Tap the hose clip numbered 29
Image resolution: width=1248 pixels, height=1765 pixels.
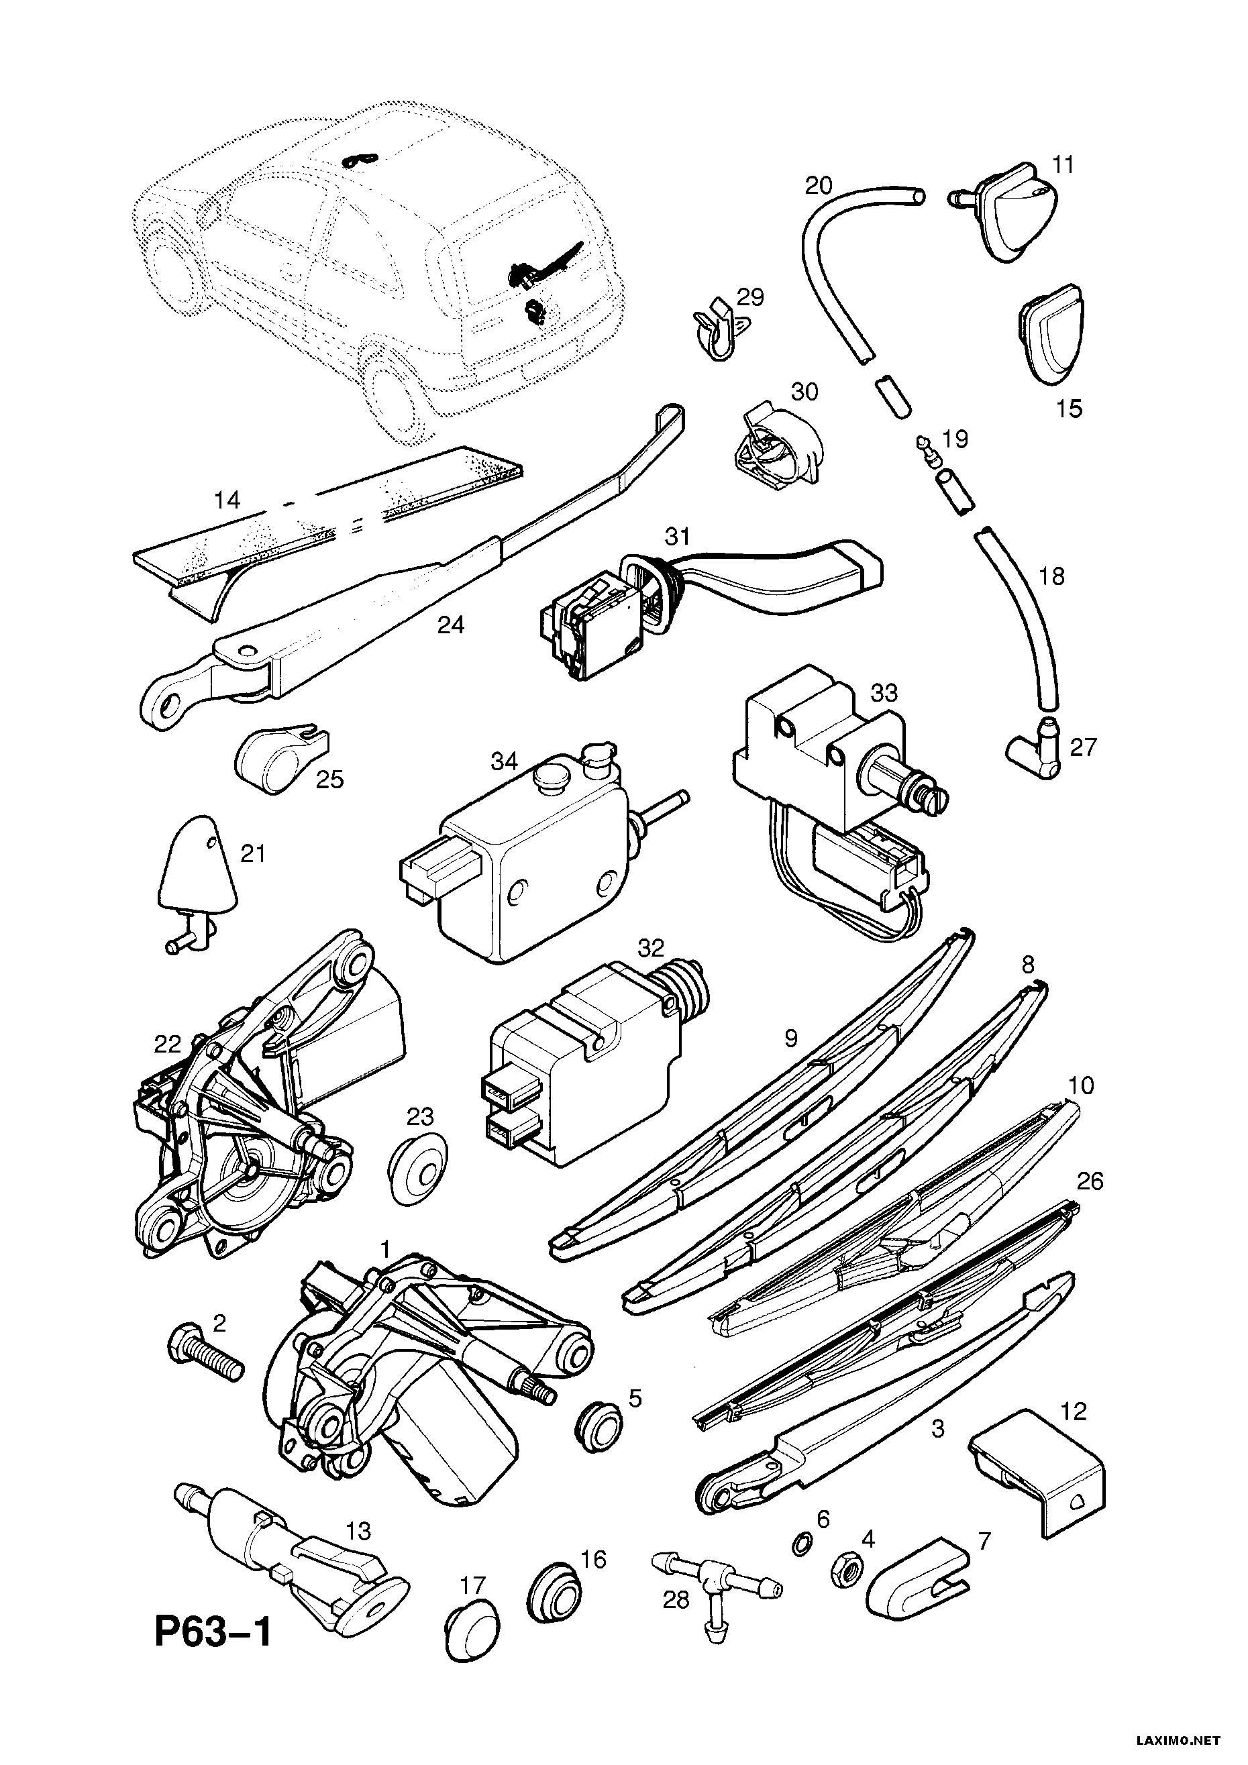coord(717,333)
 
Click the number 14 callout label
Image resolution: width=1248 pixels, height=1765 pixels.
coord(227,500)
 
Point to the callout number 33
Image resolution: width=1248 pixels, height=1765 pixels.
coord(884,692)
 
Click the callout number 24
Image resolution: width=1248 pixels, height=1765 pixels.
coord(452,625)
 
